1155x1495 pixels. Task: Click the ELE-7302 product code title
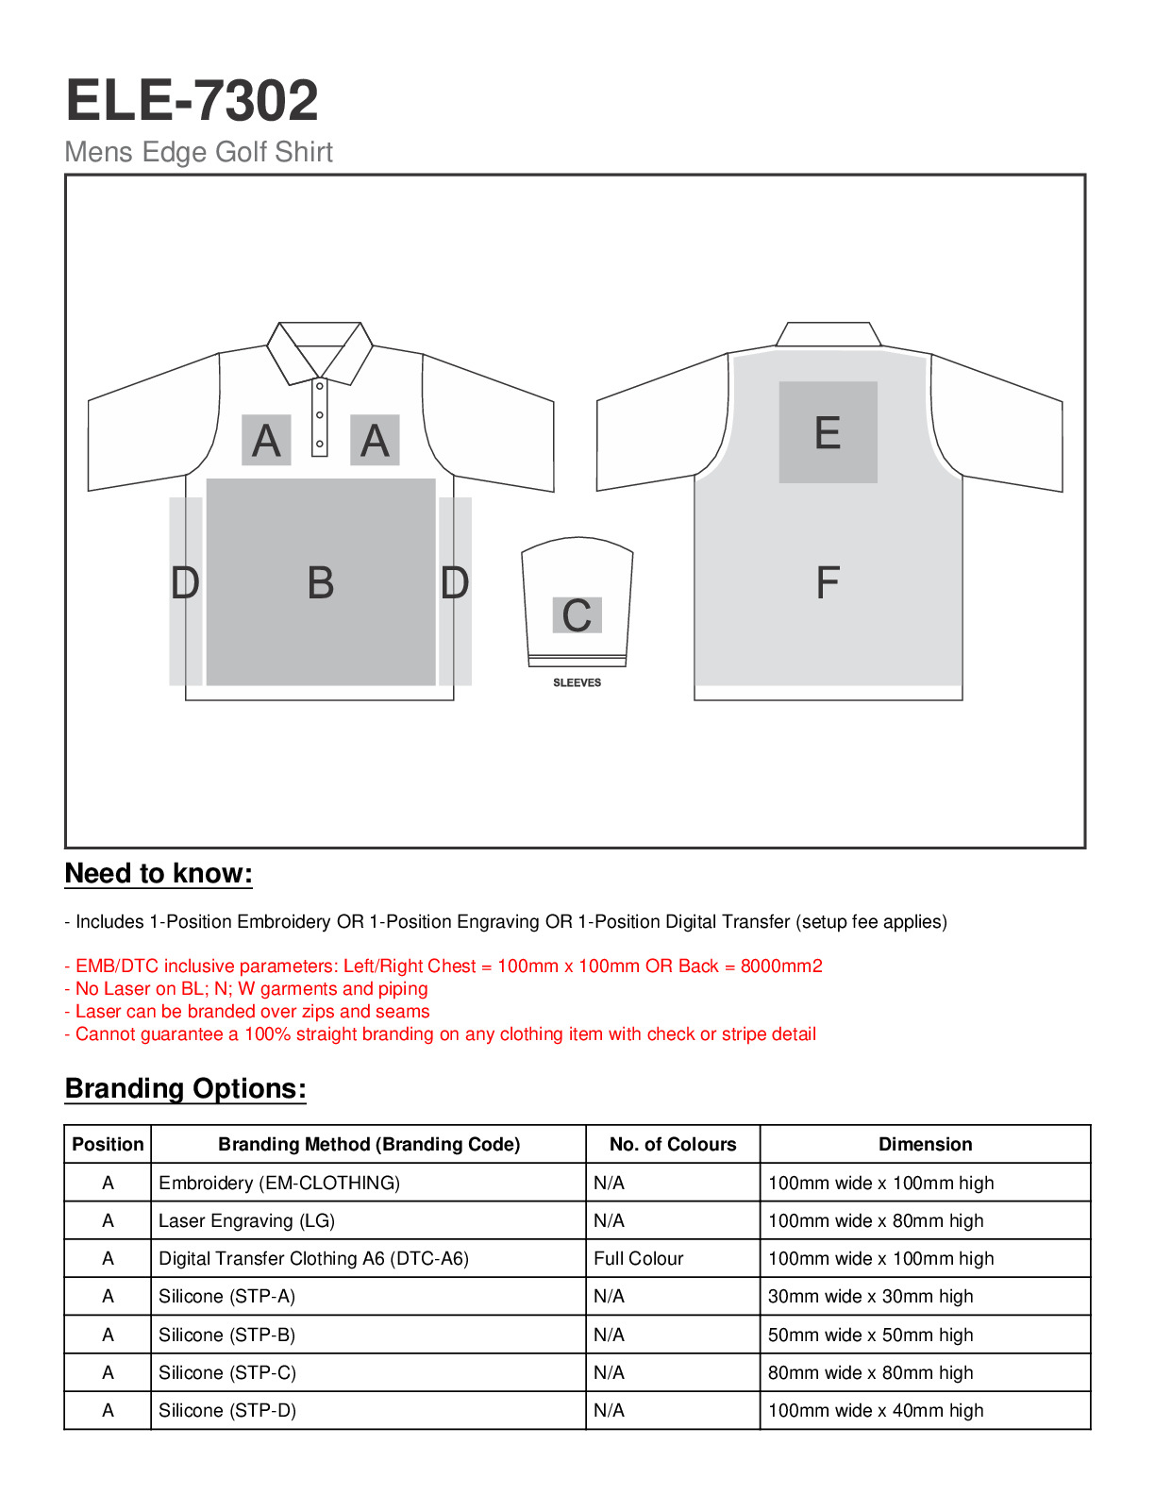[192, 101]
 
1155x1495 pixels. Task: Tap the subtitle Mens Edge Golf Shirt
[198, 152]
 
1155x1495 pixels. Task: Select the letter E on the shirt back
[828, 433]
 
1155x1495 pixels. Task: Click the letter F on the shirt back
[828, 583]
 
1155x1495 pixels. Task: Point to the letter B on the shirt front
[321, 583]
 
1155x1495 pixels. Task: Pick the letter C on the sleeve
[577, 616]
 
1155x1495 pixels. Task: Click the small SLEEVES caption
[577, 682]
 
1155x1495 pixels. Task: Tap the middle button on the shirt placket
[320, 415]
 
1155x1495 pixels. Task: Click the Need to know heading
[159, 874]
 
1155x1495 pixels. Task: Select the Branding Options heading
[185, 1089]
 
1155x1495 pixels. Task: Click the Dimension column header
[925, 1145]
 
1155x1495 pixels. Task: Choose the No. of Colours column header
[673, 1145]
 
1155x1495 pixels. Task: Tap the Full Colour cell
[639, 1259]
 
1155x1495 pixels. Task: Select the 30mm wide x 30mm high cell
[870, 1297]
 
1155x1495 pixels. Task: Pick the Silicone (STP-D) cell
[227, 1411]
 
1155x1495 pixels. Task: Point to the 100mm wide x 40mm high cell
[876, 1411]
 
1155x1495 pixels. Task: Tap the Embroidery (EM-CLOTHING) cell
[279, 1184]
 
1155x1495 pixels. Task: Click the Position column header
[108, 1145]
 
